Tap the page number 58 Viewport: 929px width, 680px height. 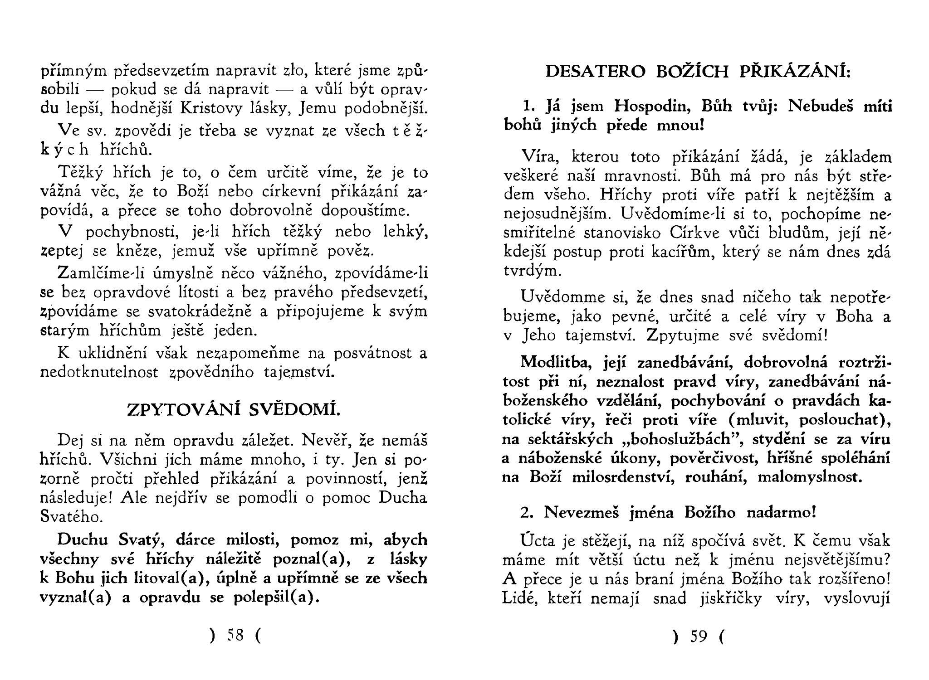(x=235, y=636)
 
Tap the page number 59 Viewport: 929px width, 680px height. (x=699, y=637)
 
